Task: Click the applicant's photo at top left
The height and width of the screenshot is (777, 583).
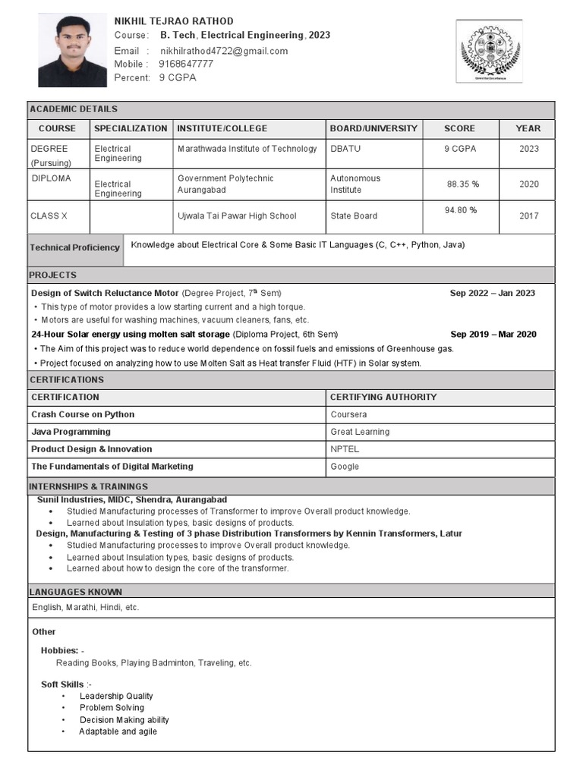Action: tap(72, 52)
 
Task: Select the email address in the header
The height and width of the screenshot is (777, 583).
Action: tap(223, 51)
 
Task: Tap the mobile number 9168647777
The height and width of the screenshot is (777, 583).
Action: tap(185, 64)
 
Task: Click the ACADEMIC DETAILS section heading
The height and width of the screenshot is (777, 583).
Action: tap(73, 109)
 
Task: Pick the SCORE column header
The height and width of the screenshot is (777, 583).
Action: tap(459, 129)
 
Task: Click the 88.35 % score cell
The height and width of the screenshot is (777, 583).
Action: tap(462, 184)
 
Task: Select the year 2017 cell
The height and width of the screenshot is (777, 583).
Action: tap(528, 215)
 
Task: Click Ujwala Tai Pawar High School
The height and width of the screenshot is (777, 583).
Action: tap(237, 216)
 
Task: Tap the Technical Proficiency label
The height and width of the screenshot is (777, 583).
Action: tap(74, 247)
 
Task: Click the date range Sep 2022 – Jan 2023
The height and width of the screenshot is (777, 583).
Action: tap(492, 293)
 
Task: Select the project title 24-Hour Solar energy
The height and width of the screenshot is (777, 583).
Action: tap(130, 334)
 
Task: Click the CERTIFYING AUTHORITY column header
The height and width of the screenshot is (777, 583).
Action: tap(383, 397)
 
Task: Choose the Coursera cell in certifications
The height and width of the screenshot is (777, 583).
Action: tap(348, 414)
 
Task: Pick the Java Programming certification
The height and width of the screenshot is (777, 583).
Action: tap(71, 432)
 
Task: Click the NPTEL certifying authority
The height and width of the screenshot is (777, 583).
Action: tap(345, 449)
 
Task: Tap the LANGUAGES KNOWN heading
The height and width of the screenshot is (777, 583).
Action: tap(75, 592)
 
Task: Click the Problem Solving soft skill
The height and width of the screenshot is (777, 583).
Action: tap(112, 708)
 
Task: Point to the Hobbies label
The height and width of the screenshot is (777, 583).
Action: tap(60, 651)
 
